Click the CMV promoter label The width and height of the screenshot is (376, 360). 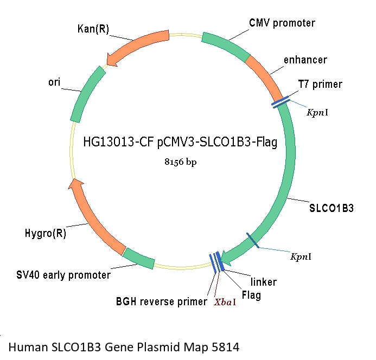282,23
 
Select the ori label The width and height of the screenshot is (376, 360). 54,82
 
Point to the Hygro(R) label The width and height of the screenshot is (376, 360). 46,234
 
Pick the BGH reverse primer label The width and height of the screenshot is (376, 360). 161,301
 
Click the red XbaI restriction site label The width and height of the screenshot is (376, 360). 225,301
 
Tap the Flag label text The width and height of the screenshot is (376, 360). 251,295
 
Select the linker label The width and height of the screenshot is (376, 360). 263,282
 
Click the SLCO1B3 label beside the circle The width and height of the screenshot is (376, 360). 332,207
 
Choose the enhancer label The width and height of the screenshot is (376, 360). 305,59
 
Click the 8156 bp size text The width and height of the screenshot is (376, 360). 181,161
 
